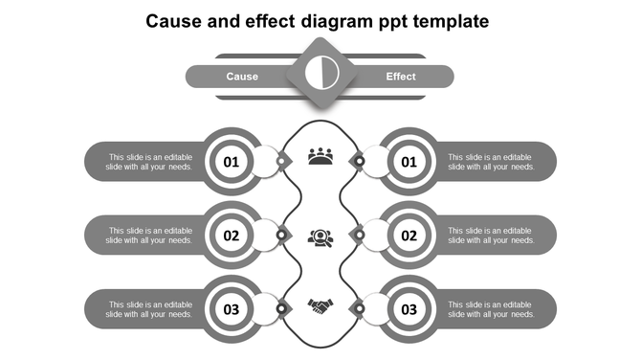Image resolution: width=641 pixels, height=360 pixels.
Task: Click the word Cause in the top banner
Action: [242, 77]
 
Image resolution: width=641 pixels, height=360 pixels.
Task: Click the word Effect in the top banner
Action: [401, 77]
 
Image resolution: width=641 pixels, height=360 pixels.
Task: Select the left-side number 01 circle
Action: [232, 162]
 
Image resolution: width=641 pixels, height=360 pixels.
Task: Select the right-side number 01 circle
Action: [409, 162]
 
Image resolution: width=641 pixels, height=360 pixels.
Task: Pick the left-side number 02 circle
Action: [232, 236]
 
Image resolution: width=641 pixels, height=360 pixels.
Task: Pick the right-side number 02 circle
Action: [409, 236]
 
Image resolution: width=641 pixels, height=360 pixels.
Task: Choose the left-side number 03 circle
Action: [232, 309]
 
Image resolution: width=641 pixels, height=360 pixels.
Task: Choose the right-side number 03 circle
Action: [409, 309]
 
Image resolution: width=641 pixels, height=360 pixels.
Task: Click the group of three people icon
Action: [320, 156]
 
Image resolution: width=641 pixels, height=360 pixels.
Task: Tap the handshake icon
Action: [320, 306]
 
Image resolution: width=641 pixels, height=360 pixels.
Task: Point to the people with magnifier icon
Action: [320, 236]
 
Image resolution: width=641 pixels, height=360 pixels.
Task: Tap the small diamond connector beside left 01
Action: [281, 161]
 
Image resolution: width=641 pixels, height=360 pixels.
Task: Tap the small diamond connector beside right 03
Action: [359, 308]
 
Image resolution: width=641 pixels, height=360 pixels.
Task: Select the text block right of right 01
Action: [491, 162]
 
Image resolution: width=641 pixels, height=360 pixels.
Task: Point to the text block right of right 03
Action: [491, 309]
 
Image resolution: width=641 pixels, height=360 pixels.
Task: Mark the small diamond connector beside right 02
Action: [359, 235]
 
